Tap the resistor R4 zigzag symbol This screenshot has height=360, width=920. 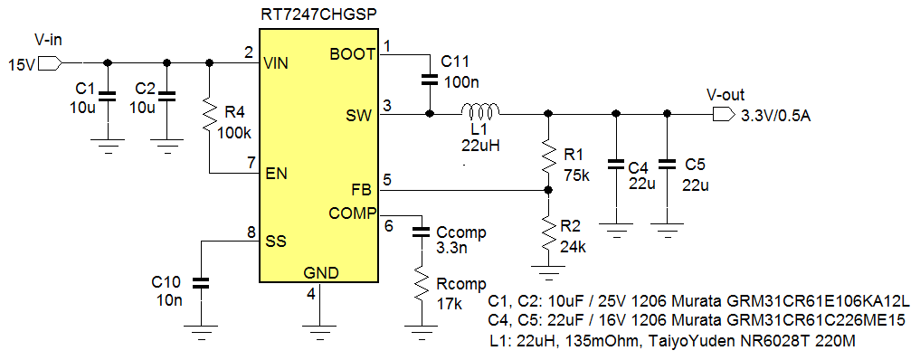point(210,116)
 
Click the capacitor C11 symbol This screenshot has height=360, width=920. point(429,80)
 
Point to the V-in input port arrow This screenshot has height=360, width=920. point(50,63)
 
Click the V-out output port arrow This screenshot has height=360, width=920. point(724,114)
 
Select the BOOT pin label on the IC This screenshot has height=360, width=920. point(353,53)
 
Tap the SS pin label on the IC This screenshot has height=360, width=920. point(276,242)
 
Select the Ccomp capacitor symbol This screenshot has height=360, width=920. point(420,232)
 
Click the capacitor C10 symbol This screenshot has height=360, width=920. point(201,283)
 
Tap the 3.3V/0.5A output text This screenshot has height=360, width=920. point(775,115)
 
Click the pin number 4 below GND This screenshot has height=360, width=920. point(311,293)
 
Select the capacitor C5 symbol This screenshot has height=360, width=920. point(668,165)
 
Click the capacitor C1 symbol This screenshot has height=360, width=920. point(108,94)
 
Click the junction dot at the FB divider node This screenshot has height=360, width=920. point(548,191)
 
